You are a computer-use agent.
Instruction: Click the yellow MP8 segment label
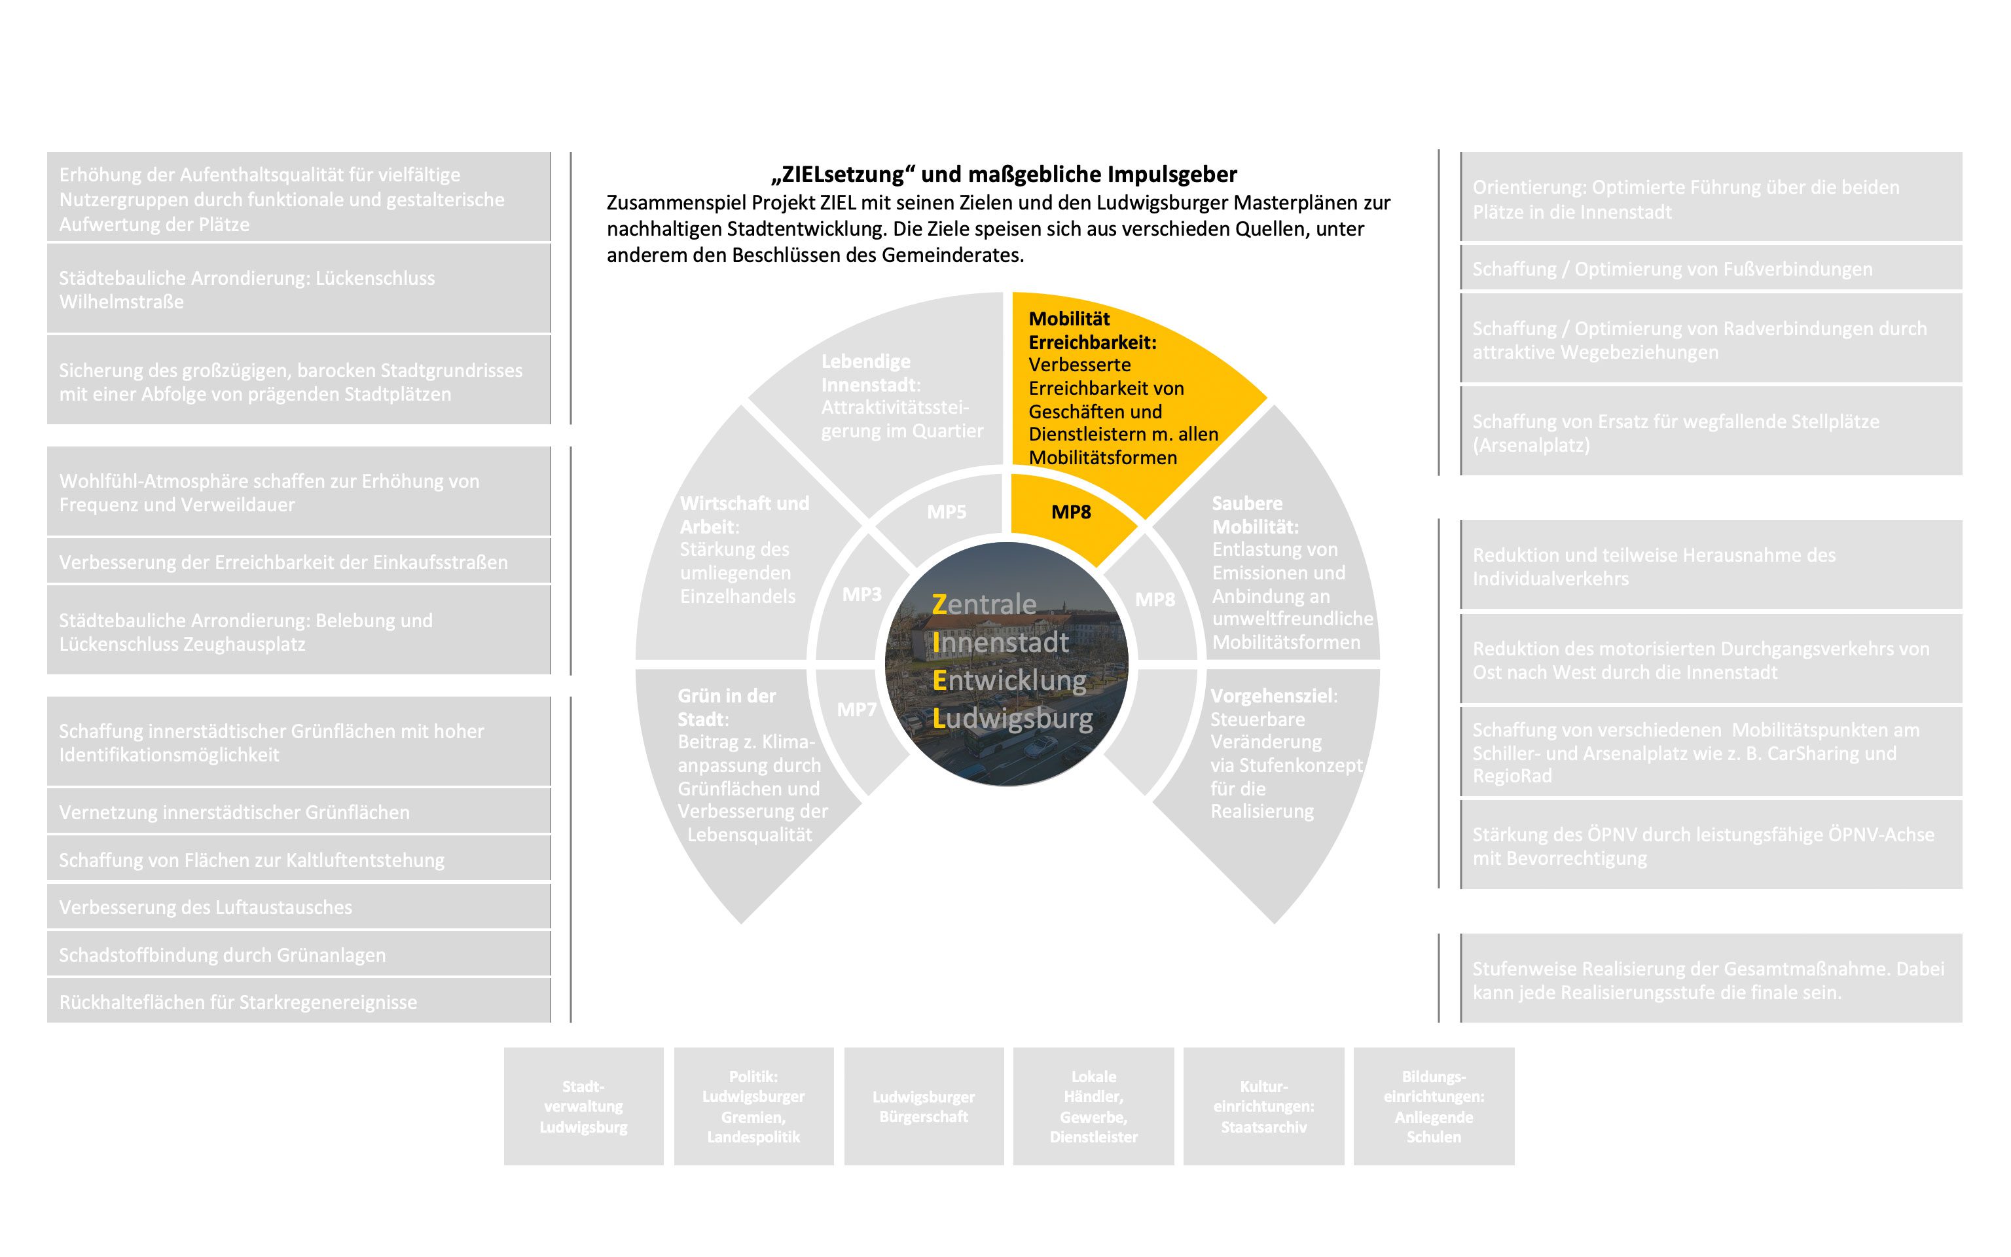pyautogui.click(x=1070, y=512)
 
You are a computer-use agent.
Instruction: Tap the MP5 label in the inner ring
pyautogui.click(x=947, y=512)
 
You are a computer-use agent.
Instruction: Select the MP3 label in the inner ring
pyautogui.click(x=861, y=594)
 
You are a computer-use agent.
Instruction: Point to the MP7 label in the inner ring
pyautogui.click(x=857, y=709)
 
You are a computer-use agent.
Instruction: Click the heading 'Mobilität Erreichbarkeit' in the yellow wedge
pyautogui.click(x=1091, y=330)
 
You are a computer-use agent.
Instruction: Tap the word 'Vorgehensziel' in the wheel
pyautogui.click(x=1272, y=696)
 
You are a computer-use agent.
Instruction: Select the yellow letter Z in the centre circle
pyautogui.click(x=940, y=604)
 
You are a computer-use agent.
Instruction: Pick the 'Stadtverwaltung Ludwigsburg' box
pyautogui.click(x=583, y=1106)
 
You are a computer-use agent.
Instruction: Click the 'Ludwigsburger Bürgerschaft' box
pyautogui.click(x=923, y=1106)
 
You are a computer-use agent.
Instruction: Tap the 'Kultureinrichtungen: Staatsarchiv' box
pyautogui.click(x=1263, y=1106)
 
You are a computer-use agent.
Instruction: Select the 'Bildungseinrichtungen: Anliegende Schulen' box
pyautogui.click(x=1434, y=1106)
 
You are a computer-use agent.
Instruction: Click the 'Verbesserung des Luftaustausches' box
pyautogui.click(x=299, y=907)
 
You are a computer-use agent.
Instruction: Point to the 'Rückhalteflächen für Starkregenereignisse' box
pyautogui.click(x=299, y=1002)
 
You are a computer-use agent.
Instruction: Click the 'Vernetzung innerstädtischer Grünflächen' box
pyautogui.click(x=299, y=812)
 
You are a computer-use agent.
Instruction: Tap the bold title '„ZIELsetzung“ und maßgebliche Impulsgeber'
pyautogui.click(x=1004, y=175)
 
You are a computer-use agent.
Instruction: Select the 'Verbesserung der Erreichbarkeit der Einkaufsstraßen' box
pyautogui.click(x=299, y=562)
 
